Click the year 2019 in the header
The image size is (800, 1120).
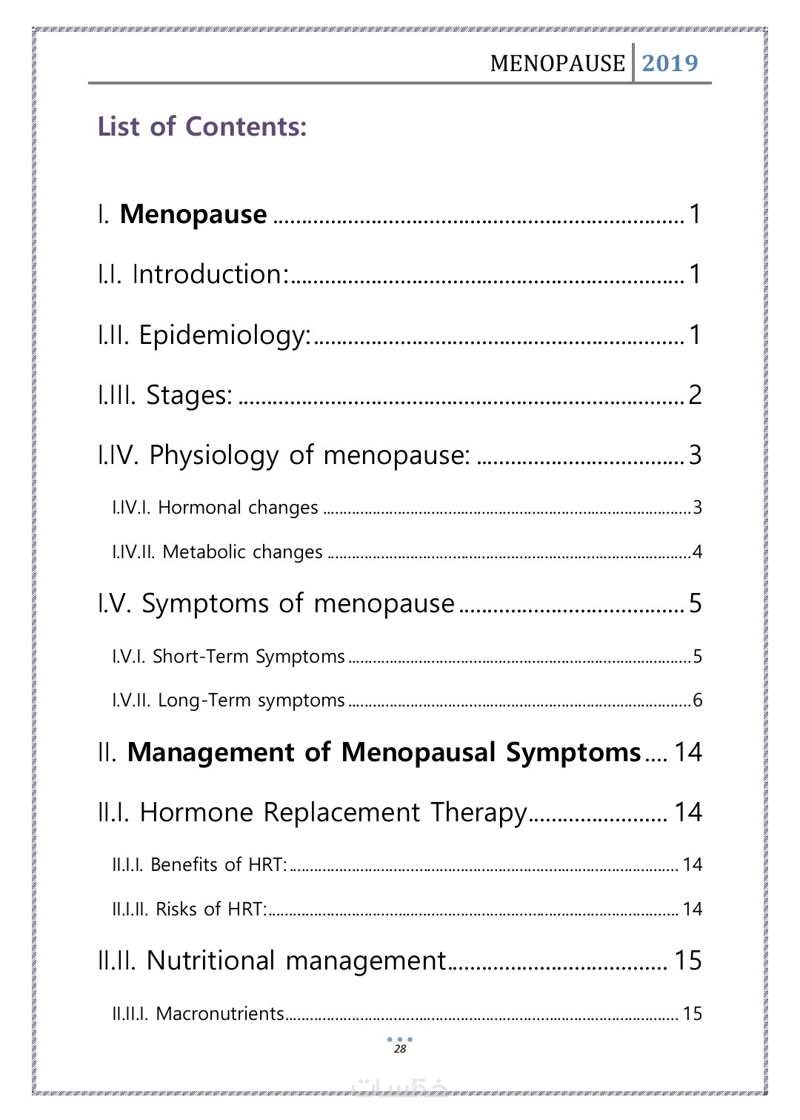click(670, 63)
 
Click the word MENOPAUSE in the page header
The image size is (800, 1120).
click(557, 64)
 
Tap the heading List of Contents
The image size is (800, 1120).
click(201, 127)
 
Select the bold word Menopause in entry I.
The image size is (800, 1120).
click(193, 214)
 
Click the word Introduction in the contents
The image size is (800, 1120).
click(210, 275)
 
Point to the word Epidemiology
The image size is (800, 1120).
click(224, 336)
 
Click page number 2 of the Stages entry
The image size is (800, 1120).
click(695, 395)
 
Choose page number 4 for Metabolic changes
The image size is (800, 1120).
click(697, 552)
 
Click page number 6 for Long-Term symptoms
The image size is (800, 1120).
click(697, 700)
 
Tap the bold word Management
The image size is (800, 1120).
click(211, 753)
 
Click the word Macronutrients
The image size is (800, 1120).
click(220, 1014)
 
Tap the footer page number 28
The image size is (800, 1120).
click(400, 1049)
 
